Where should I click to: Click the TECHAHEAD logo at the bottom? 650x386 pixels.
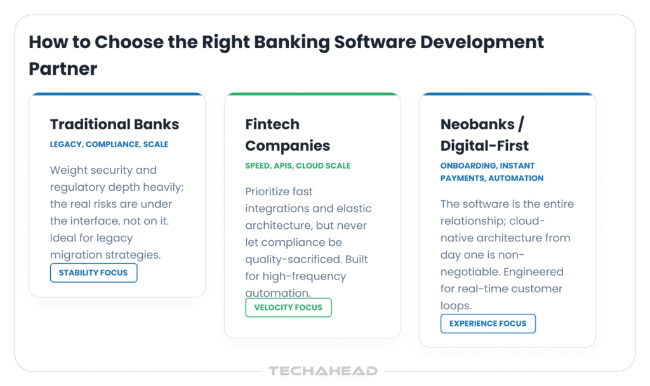click(323, 371)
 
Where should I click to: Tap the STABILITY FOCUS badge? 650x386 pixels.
click(94, 273)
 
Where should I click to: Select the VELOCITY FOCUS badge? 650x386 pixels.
click(288, 307)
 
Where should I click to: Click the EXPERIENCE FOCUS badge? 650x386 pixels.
click(488, 323)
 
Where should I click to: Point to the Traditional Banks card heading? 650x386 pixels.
click(114, 124)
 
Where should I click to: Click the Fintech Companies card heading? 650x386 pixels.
click(288, 135)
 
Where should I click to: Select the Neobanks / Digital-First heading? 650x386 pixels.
click(484, 135)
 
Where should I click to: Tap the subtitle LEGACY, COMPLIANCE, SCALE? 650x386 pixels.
click(109, 145)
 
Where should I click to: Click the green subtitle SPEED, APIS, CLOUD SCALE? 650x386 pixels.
click(298, 166)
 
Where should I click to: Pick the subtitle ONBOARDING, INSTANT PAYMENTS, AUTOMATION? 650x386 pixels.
click(492, 172)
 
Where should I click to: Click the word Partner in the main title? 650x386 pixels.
click(63, 68)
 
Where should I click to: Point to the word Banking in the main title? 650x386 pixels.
click(291, 43)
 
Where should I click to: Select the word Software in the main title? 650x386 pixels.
click(375, 42)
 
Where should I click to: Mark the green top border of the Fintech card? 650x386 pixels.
click(312, 94)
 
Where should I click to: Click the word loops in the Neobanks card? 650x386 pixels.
click(456, 306)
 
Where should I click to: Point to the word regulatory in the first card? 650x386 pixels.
click(77, 188)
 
